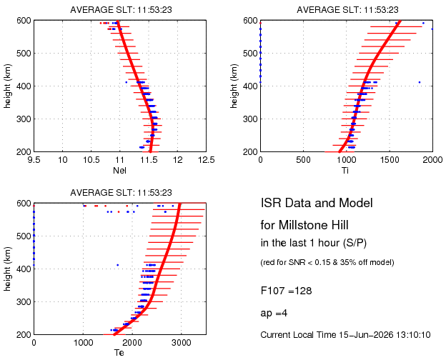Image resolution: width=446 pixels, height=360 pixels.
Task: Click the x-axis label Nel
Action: (x=119, y=170)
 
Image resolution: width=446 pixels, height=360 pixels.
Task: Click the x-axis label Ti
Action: (x=345, y=170)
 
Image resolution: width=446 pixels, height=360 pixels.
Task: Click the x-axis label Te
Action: (x=119, y=353)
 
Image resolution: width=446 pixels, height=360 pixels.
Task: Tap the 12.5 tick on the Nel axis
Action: (x=206, y=160)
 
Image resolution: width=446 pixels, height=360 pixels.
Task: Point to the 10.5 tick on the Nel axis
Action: (x=91, y=160)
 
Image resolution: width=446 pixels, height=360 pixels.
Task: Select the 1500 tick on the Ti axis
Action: (x=390, y=160)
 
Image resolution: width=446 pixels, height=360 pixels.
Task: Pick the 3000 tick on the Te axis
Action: (x=182, y=343)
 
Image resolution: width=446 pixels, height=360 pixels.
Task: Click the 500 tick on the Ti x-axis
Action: (x=303, y=160)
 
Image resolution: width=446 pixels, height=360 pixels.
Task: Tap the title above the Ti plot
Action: (x=347, y=10)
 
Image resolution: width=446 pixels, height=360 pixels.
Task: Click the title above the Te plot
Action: (x=121, y=193)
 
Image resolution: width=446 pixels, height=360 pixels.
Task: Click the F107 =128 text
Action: (x=286, y=291)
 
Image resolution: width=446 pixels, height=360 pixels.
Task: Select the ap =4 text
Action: (x=274, y=314)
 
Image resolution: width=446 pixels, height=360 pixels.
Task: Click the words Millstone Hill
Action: (x=313, y=225)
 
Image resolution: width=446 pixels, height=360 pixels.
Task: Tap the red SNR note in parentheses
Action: (x=327, y=262)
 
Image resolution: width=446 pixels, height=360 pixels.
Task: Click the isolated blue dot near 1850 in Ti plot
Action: (x=420, y=82)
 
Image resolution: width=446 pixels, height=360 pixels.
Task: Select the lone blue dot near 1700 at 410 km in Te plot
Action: (x=117, y=265)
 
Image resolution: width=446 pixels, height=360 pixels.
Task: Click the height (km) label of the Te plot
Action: (x=7, y=269)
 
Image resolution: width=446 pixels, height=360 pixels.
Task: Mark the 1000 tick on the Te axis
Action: (x=83, y=343)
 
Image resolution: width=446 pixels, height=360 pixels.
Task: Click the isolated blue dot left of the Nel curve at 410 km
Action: (x=127, y=82)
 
